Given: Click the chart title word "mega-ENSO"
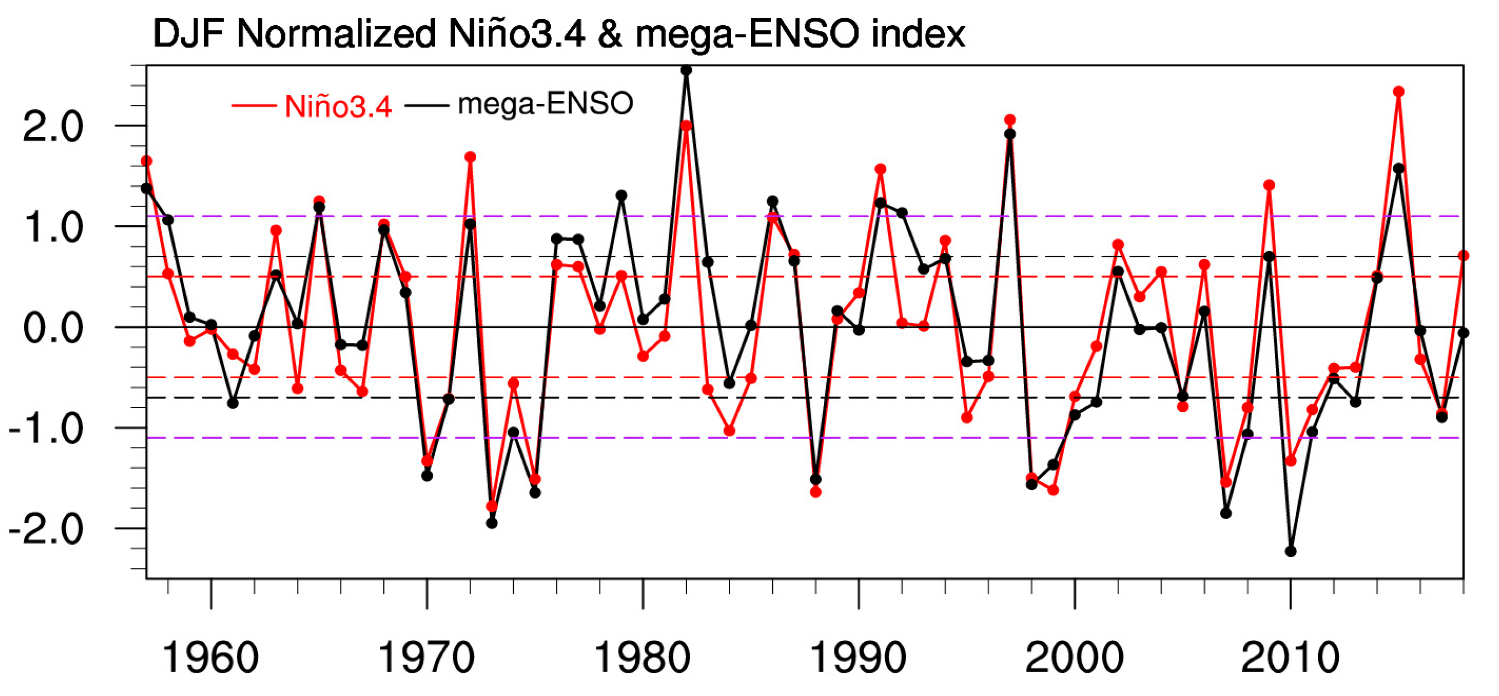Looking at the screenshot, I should coord(747,34).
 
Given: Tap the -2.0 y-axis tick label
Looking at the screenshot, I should coord(46,530).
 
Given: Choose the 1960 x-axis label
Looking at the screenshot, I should coord(211,658).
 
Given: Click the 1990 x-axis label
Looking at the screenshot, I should coord(858,658).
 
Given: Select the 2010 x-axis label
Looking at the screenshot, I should coord(1290,658).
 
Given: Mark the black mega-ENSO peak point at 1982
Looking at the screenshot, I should coord(686,70).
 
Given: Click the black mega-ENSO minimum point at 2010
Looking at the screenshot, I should coord(1290,551).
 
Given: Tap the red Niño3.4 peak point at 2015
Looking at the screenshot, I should coord(1399,92).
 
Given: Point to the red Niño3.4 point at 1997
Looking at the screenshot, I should coord(1010,120).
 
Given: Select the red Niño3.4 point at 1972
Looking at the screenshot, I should coord(470,157).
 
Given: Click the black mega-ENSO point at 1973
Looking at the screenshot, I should coord(492,523).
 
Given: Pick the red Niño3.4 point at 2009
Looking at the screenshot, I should coord(1269,185).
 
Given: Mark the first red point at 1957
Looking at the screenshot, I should coord(146,161).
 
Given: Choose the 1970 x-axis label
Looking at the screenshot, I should coord(427,658).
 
